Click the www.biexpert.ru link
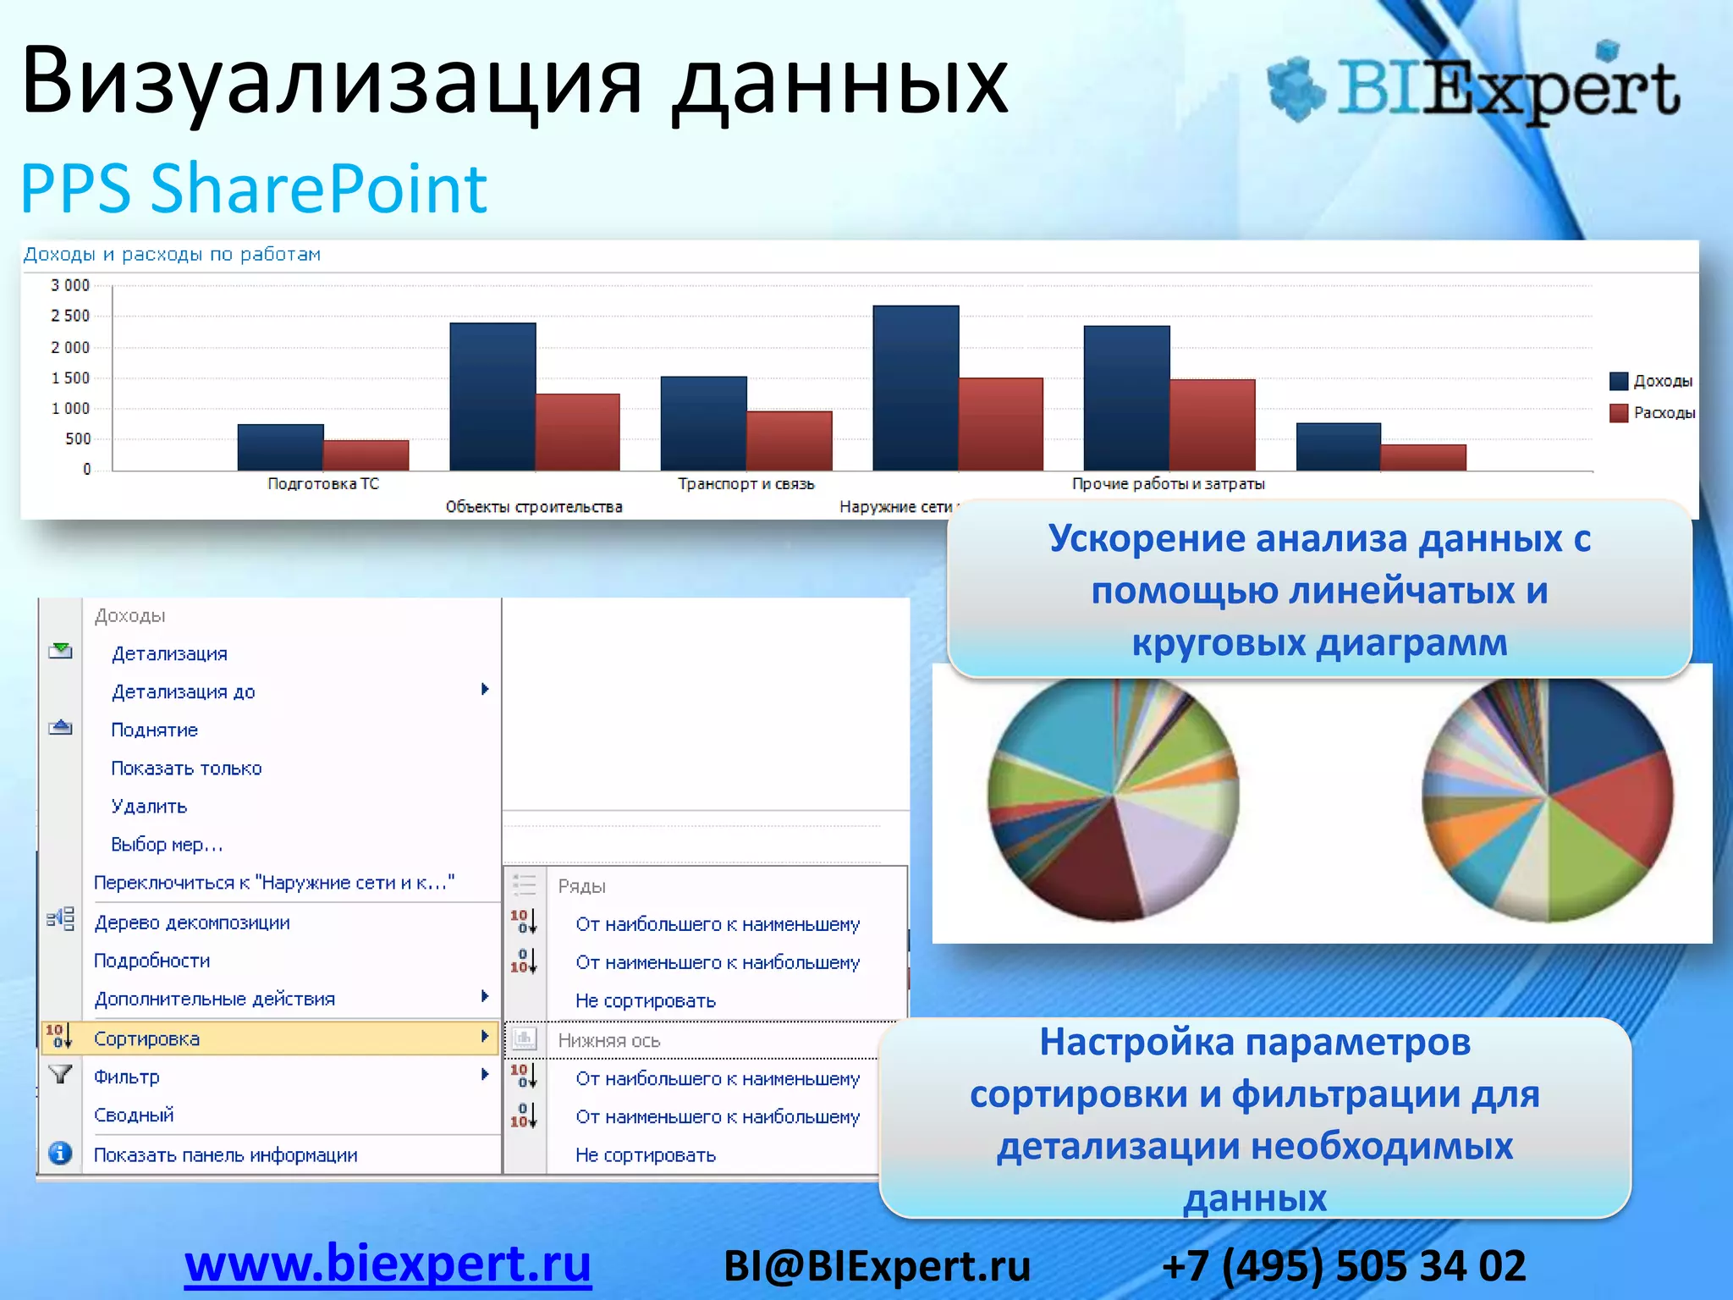pos(388,1264)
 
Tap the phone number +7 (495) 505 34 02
pos(1344,1266)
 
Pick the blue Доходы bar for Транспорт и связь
pos(703,423)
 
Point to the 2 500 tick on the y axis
pos(71,316)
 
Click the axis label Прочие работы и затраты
pos(1168,483)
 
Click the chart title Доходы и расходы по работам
pos(172,254)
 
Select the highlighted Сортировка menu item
pos(147,1038)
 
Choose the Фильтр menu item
pos(127,1077)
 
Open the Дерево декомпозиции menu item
pos(192,923)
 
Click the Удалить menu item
pos(149,806)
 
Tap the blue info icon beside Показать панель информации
pos(60,1154)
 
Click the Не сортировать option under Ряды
pos(646,1000)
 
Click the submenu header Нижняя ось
pos(609,1040)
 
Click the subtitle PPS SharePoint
pos(254,188)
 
